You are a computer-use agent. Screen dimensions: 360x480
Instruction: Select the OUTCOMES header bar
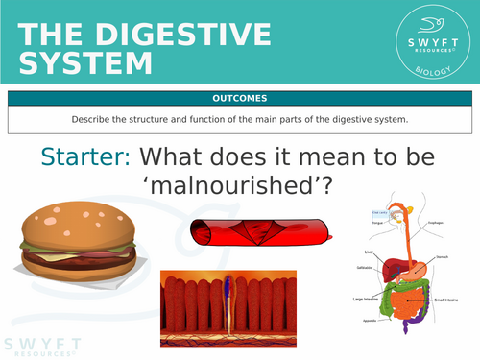tap(240, 98)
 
